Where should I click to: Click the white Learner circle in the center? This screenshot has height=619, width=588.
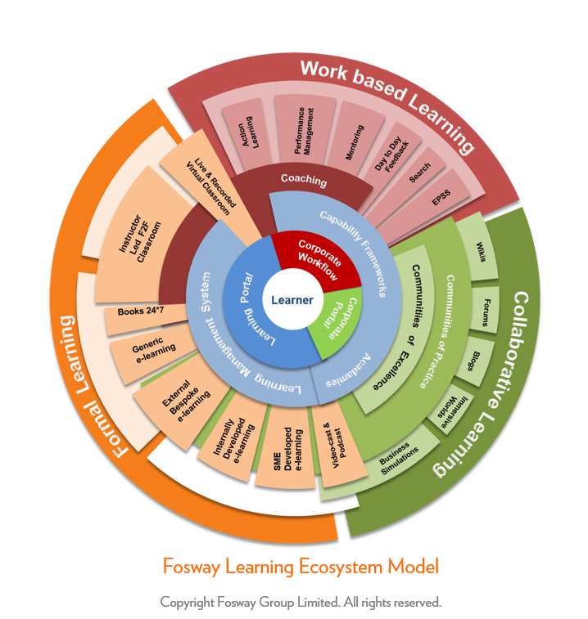[292, 300]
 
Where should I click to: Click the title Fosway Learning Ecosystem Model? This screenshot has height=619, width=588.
[301, 566]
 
